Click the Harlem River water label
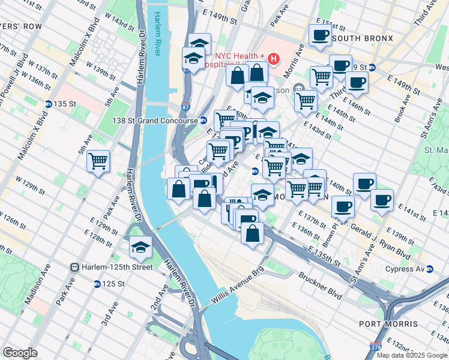click(x=158, y=34)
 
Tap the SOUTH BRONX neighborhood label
click(x=362, y=38)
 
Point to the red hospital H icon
click(x=274, y=59)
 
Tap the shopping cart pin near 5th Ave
click(x=98, y=161)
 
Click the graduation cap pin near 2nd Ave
click(x=140, y=247)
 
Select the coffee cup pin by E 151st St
click(x=320, y=35)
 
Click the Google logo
click(x=20, y=353)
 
